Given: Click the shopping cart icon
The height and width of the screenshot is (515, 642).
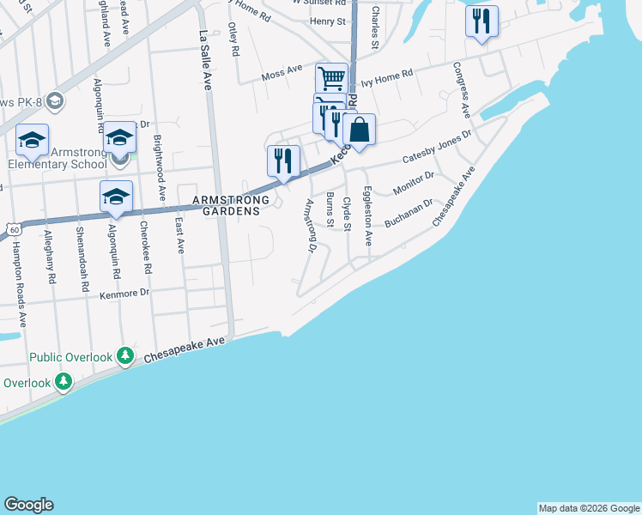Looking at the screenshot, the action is (330, 78).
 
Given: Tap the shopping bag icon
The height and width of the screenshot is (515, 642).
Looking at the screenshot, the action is (359, 130).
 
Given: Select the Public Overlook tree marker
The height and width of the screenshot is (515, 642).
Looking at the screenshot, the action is (125, 355).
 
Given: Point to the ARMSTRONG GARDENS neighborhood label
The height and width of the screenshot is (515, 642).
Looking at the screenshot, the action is (231, 206).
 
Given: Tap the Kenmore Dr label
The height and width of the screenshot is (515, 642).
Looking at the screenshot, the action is (125, 293).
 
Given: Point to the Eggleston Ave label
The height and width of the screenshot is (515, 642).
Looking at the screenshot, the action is (367, 217).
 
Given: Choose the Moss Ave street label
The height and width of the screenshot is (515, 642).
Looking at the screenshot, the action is (282, 75).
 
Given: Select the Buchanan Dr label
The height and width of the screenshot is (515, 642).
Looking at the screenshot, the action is (409, 216).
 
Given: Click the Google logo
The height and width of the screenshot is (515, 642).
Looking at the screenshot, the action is (28, 505).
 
